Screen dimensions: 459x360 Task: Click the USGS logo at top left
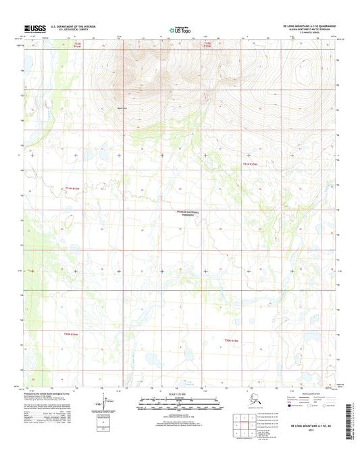pos(32,27)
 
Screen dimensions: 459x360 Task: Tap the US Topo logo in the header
pos(180,28)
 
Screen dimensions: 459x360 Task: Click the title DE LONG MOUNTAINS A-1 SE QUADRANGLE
pos(307,23)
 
